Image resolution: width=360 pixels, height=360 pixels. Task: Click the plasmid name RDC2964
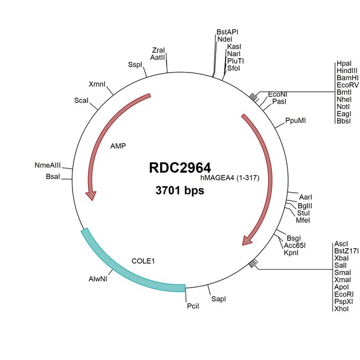(179, 168)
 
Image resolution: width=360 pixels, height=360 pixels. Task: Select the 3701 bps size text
(179, 191)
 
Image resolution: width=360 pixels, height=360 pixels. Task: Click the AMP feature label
(118, 146)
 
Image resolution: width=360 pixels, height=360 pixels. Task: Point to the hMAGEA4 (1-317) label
(228, 178)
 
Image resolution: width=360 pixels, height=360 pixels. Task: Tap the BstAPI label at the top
(227, 33)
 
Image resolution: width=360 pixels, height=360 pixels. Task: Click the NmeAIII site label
(47, 166)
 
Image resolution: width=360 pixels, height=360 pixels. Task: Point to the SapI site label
(219, 299)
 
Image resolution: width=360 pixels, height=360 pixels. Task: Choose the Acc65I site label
(295, 245)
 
